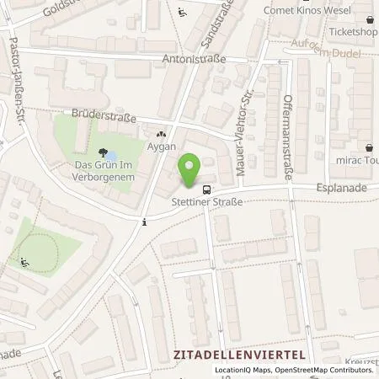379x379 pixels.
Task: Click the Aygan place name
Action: [160, 145]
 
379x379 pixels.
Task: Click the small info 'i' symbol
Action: [146, 222]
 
